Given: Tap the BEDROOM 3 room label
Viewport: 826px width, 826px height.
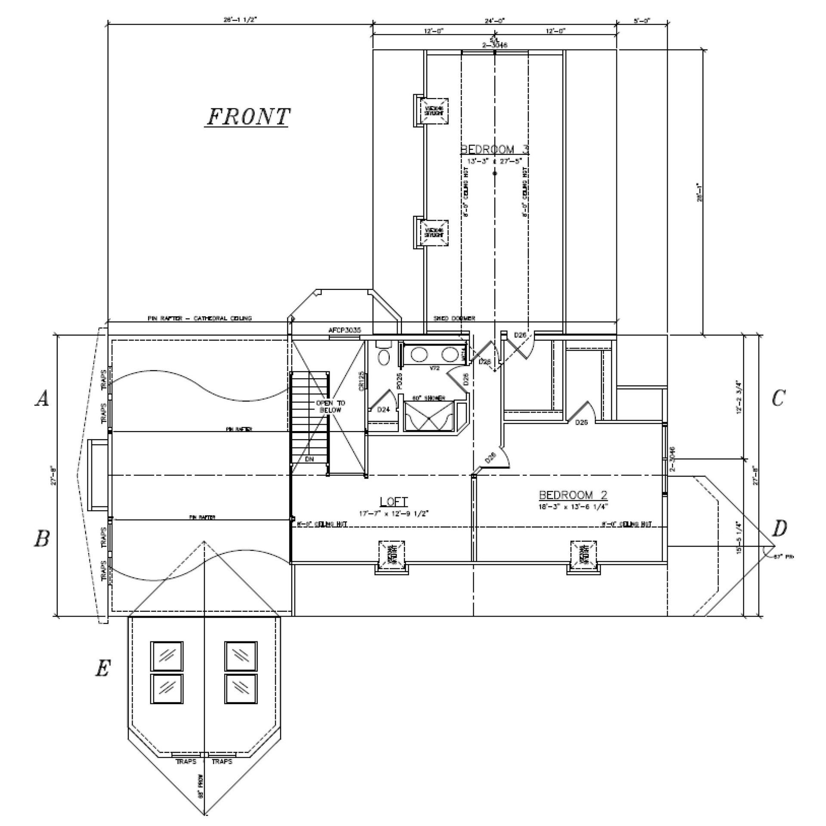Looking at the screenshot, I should (x=494, y=149).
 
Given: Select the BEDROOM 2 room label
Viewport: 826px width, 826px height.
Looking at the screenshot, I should (x=573, y=495).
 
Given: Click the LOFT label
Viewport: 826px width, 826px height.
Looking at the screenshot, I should (x=394, y=501).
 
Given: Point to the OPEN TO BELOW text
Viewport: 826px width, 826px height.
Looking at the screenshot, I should (x=330, y=407).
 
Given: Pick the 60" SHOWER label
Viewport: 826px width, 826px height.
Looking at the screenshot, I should (x=428, y=398).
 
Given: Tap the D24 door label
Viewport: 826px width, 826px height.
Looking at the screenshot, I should (x=383, y=410).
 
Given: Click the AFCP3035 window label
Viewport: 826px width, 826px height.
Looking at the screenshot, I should (x=345, y=330).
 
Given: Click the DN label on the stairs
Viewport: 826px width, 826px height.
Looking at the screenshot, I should (x=309, y=459).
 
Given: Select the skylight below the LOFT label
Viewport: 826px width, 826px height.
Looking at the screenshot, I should (x=391, y=555).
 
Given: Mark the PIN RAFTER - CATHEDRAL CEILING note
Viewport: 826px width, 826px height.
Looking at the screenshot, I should (x=200, y=318).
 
